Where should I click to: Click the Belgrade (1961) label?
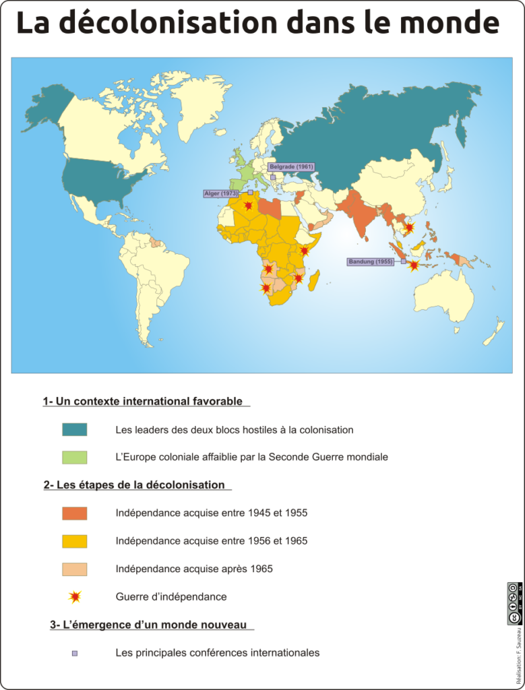pos(291,166)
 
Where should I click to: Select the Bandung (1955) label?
pos(371,261)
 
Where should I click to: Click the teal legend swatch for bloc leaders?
pos(75,429)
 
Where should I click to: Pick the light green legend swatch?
pos(75,457)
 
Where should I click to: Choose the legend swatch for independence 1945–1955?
pos(75,513)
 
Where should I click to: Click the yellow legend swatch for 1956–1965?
pos(75,540)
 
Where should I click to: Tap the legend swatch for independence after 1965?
pos(75,569)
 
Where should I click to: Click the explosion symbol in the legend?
pos(75,596)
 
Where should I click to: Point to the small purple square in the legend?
pos(75,653)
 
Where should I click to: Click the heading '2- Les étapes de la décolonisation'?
pos(134,484)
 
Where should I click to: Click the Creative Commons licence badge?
pos(514,603)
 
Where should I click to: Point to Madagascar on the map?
pos(314,280)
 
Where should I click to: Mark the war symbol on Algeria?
pos(249,205)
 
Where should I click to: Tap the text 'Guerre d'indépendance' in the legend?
pos(171,597)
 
